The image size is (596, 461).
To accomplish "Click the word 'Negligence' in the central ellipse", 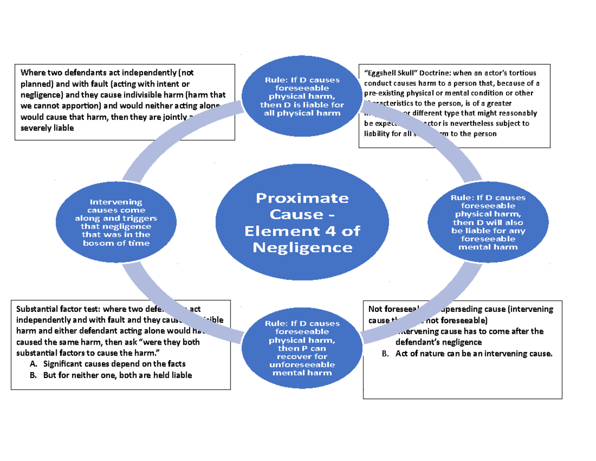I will click(302, 247).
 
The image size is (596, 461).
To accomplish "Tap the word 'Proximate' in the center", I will click(302, 198).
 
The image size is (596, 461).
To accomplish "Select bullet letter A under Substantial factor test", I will click(33, 364).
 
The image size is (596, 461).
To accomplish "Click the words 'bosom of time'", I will click(116, 243).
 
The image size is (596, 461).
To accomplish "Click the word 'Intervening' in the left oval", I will click(116, 202).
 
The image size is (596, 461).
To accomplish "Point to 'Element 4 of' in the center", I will click(302, 231).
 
